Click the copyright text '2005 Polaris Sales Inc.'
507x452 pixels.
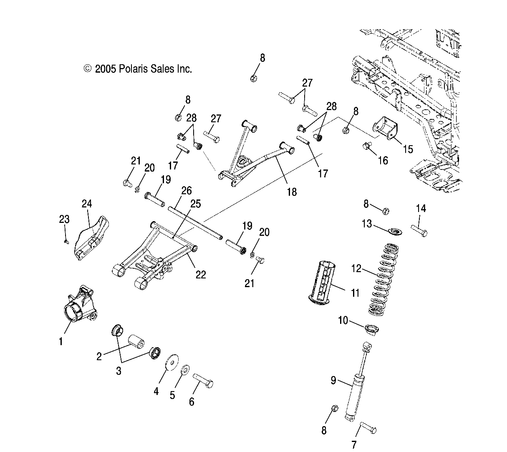click(x=143, y=69)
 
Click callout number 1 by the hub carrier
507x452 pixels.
click(x=61, y=341)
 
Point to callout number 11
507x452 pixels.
click(x=355, y=293)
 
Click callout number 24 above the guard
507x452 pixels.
click(x=87, y=204)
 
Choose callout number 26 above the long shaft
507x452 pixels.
click(x=186, y=191)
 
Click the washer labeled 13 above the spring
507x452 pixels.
click(x=395, y=230)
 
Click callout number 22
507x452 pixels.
click(x=201, y=275)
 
